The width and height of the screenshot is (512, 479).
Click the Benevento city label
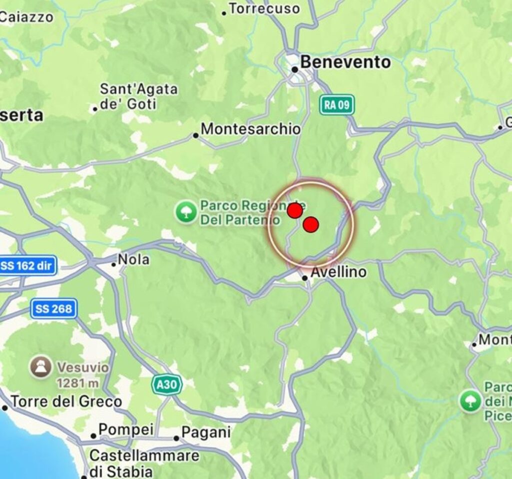tap(345, 63)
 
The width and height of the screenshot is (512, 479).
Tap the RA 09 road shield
tap(337, 105)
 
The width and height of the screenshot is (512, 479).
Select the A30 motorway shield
tap(166, 384)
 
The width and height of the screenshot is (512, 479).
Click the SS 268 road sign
tap(53, 309)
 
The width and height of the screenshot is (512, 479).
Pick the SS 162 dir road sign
tap(27, 265)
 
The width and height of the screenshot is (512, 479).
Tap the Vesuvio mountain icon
tap(40, 367)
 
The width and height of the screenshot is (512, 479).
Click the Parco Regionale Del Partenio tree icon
tap(186, 212)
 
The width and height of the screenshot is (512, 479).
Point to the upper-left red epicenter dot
tap(295, 210)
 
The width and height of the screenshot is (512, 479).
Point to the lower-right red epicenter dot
tap(310, 225)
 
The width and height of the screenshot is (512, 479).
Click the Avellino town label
tap(338, 272)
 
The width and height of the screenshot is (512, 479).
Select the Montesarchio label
tap(250, 129)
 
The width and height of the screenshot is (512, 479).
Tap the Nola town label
tap(133, 260)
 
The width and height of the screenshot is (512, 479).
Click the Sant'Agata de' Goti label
tap(138, 97)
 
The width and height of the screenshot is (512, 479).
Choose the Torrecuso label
tap(264, 9)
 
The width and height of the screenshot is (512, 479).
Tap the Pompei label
tap(125, 430)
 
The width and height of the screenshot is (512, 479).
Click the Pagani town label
tap(205, 432)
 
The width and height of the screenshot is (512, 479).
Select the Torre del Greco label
tap(66, 401)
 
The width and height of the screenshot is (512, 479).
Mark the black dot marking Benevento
tap(295, 70)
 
